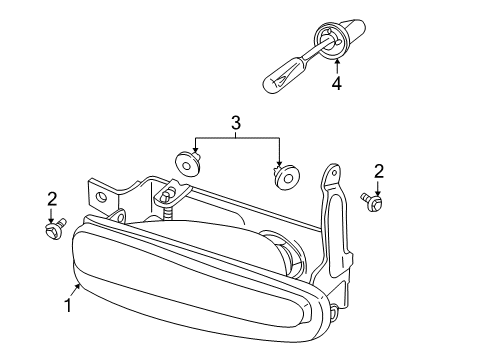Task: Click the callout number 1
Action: (x=68, y=305)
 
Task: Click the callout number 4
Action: (x=337, y=83)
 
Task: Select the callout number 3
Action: (x=236, y=123)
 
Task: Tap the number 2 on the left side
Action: (x=52, y=200)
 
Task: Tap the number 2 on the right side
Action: (x=379, y=172)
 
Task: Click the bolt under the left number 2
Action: (x=56, y=229)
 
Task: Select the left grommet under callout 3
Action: (x=188, y=164)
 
